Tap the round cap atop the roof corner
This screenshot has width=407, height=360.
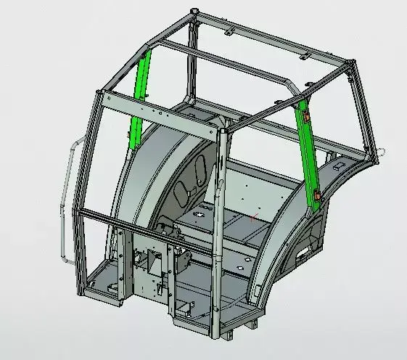(192, 11)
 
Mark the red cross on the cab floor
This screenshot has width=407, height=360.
(252, 216)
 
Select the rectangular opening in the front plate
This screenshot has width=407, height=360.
(155, 262)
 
